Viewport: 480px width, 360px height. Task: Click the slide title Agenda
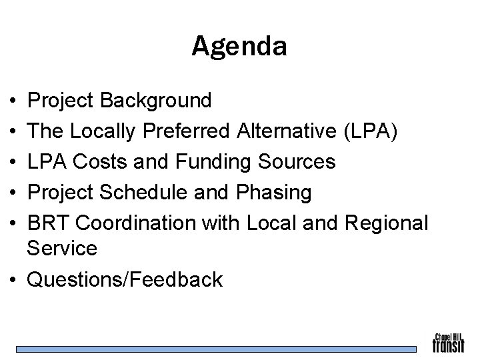(x=239, y=46)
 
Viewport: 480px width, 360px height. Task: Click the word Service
(x=61, y=249)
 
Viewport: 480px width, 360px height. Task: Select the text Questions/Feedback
(x=124, y=279)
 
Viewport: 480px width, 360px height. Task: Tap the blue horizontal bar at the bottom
(x=216, y=349)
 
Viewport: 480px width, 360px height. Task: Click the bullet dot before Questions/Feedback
(x=14, y=280)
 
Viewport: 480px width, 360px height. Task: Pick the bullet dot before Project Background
(x=14, y=102)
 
